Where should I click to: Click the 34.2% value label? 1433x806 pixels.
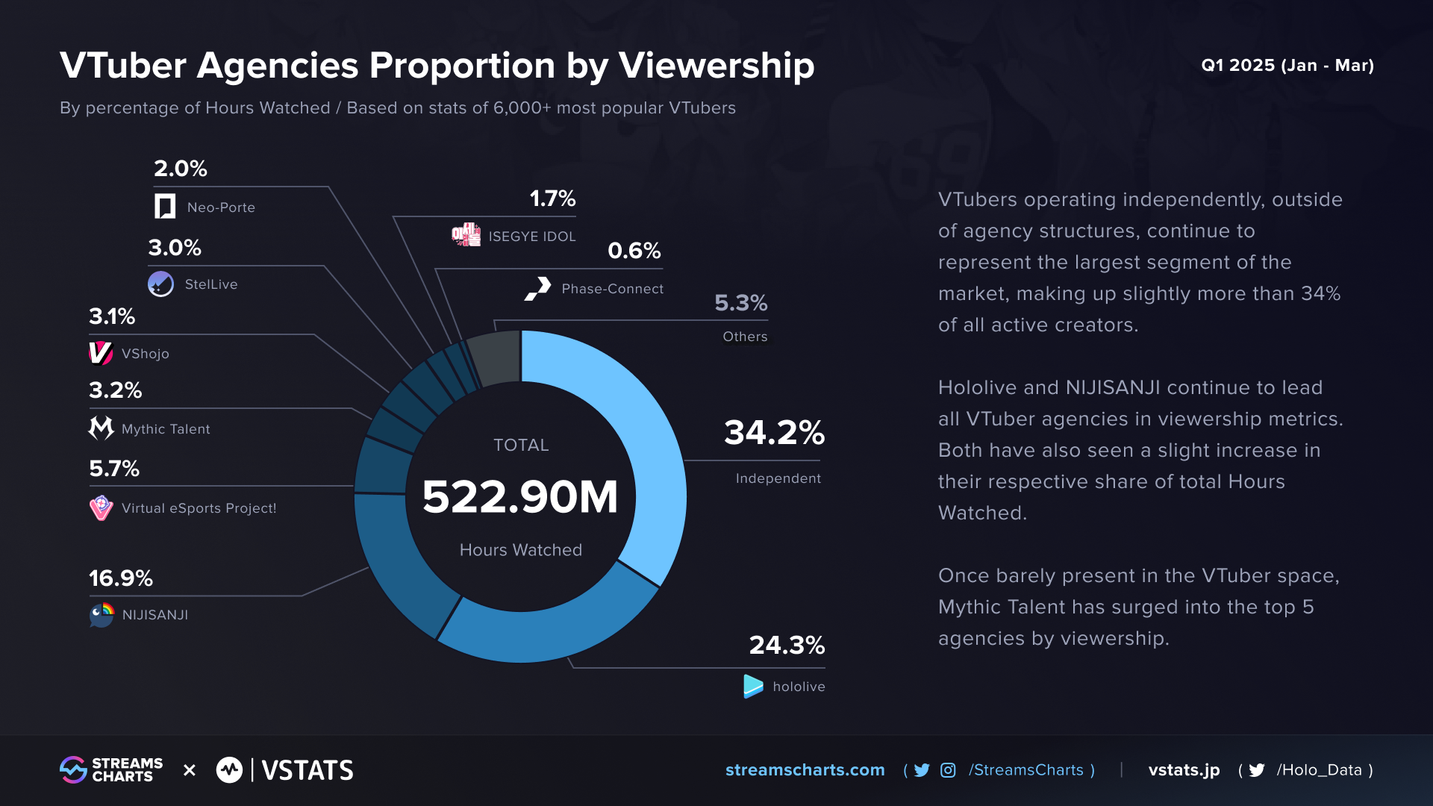tap(774, 433)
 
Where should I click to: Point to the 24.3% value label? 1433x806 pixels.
tap(787, 645)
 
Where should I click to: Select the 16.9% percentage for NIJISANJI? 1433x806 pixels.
tap(121, 578)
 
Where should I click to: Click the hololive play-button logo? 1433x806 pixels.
tap(753, 687)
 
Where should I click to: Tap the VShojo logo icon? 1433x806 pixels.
tap(101, 353)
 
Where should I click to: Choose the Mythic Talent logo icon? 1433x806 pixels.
tap(101, 428)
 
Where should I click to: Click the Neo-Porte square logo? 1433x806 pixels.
tap(165, 207)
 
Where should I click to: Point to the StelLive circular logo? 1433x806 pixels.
tap(160, 284)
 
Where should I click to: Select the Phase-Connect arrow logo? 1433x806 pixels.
tap(538, 289)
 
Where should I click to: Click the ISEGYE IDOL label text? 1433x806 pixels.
tap(532, 237)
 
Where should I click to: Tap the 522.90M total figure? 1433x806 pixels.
tap(520, 497)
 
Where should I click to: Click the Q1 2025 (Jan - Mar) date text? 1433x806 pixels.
tap(1287, 66)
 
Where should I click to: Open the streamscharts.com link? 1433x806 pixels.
tap(805, 770)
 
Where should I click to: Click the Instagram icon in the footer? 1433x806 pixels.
tap(948, 770)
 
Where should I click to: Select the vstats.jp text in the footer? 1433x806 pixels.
tap(1184, 770)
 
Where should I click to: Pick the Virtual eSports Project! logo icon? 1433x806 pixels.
tap(101, 508)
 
